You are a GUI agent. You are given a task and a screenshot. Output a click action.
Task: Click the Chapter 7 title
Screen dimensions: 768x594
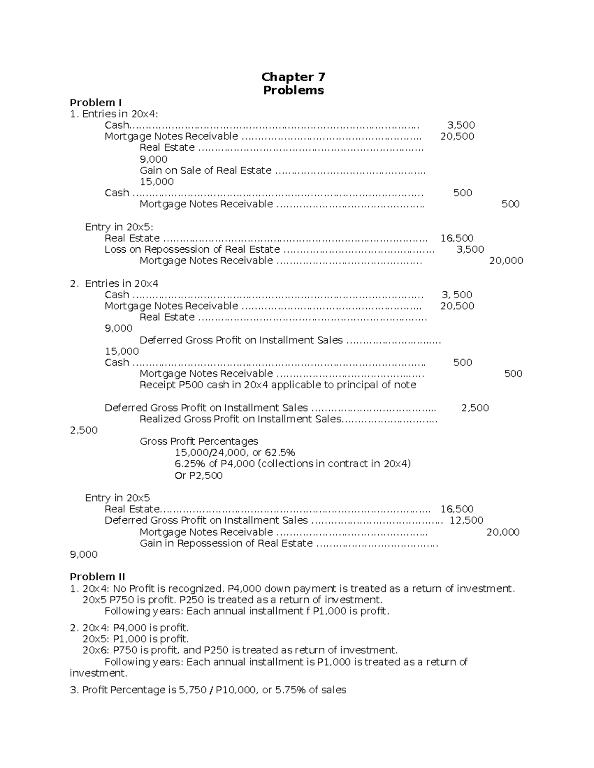tap(293, 77)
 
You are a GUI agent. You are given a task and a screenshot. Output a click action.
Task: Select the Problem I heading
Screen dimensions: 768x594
tap(96, 102)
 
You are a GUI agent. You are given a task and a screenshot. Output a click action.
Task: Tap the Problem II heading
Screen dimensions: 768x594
tap(98, 577)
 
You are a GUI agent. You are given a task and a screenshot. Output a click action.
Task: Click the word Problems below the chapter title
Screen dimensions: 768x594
tap(293, 90)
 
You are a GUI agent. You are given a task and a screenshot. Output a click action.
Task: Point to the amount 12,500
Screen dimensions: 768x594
tap(466, 520)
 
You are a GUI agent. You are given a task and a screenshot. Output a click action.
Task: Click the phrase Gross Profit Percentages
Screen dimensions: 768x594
tap(199, 441)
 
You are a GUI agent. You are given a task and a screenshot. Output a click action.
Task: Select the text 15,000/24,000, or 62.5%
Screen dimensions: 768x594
tap(235, 452)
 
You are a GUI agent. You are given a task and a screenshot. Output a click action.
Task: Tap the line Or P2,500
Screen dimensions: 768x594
tap(198, 475)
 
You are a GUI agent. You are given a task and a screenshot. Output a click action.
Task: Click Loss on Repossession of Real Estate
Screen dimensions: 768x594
tap(192, 249)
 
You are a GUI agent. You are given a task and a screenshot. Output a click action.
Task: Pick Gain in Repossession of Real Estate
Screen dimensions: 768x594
tap(226, 543)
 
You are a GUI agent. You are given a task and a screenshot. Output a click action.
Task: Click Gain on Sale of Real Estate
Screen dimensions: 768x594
tap(205, 170)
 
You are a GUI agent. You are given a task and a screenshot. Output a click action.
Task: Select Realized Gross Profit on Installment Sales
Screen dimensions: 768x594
tap(240, 419)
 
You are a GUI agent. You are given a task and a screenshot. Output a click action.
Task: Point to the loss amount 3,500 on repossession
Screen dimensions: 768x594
tap(470, 249)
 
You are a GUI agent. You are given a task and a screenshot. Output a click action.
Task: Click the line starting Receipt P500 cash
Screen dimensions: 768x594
tap(278, 385)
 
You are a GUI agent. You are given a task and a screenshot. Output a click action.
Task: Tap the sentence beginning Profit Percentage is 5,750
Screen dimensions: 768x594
tap(208, 690)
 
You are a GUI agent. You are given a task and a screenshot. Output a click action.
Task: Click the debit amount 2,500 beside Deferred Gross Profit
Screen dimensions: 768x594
tap(475, 407)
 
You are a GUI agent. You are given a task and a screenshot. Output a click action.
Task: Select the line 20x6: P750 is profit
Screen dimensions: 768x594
tap(240, 650)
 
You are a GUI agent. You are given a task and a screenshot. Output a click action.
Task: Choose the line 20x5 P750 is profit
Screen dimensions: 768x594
tap(232, 599)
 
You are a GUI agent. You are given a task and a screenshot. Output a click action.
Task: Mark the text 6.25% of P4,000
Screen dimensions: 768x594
tap(293, 464)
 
